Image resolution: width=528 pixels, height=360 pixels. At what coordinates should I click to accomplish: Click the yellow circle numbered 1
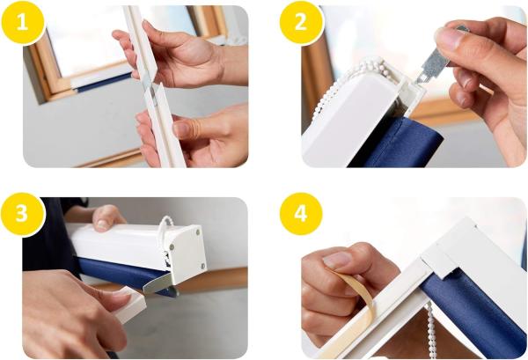point(23,23)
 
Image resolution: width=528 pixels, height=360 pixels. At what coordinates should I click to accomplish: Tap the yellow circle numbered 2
point(301,23)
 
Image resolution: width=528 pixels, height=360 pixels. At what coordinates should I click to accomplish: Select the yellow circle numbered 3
point(23,214)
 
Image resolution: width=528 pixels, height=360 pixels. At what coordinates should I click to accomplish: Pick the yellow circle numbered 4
point(301,214)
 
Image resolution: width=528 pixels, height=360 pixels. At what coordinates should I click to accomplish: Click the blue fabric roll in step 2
point(398,143)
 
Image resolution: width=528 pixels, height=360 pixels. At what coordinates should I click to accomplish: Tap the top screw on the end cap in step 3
point(198,231)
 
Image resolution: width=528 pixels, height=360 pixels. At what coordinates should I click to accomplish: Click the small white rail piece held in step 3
point(129,304)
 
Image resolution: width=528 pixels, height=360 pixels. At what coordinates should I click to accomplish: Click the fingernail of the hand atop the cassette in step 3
point(102,224)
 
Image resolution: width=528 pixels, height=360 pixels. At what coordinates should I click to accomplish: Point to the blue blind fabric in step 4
point(472,313)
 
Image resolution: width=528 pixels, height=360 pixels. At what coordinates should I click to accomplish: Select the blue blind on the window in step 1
point(103,82)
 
